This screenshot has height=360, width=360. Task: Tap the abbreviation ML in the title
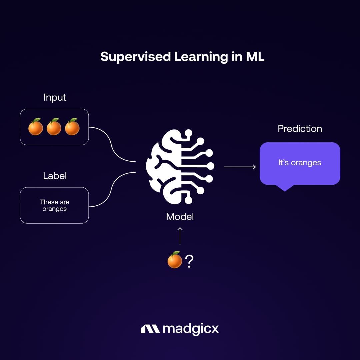[x=255, y=57]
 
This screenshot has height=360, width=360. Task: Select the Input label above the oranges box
[x=55, y=97]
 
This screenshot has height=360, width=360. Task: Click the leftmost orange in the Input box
[x=36, y=127]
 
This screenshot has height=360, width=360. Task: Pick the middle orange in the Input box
[x=54, y=127]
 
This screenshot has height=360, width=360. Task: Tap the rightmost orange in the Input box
[x=72, y=127]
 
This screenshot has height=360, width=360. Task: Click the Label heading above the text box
[x=55, y=176]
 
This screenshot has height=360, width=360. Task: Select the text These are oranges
[x=54, y=205]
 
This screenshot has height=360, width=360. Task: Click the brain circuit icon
[x=180, y=167]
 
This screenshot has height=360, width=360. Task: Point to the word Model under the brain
[x=180, y=217]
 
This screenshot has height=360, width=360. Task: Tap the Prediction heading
[x=300, y=129]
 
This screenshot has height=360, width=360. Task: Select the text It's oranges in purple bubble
[x=300, y=163]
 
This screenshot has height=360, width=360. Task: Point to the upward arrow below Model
[x=180, y=236]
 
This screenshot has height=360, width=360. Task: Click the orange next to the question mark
[x=175, y=260]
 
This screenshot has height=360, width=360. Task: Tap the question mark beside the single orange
[x=189, y=262]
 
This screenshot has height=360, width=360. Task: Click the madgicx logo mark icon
[x=150, y=329]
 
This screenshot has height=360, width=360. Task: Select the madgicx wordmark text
[x=191, y=329]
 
